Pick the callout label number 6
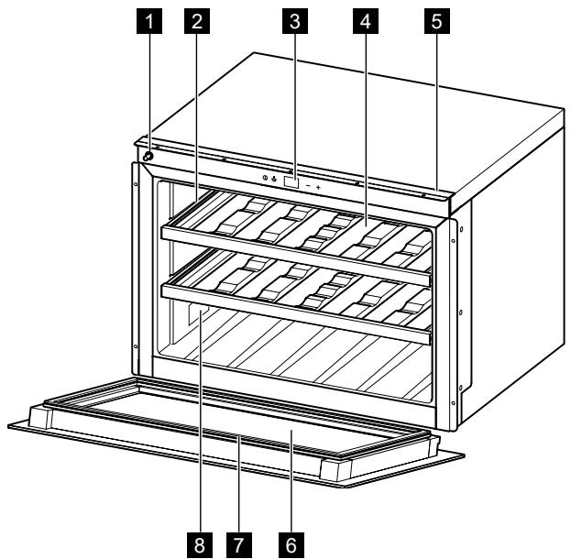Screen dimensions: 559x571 tap(291, 544)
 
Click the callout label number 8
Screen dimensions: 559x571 tap(194, 544)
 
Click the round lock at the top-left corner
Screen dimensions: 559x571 tap(147, 157)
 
